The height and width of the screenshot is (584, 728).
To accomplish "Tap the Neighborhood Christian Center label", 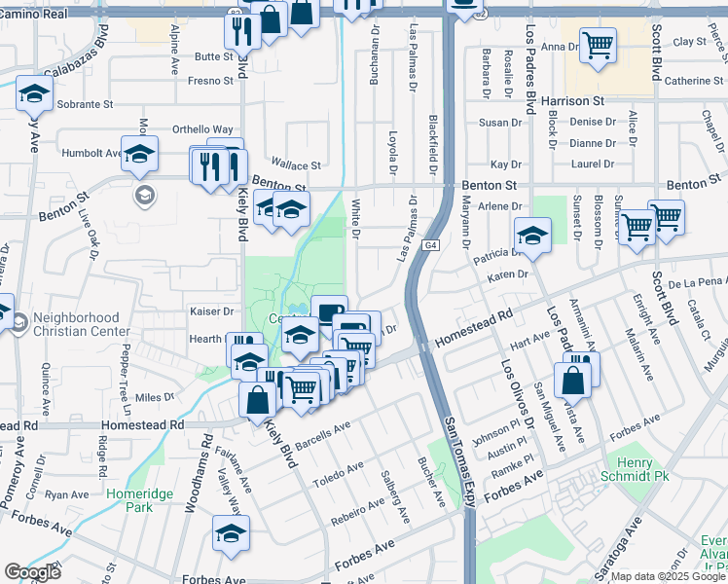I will tap(82, 324).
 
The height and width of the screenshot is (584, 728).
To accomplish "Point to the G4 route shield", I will tap(429, 245).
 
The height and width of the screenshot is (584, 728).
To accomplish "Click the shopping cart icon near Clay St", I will tap(598, 44).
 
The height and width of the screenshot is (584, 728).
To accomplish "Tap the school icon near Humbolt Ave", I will tap(139, 153).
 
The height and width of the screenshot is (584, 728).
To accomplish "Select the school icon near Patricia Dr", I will tap(532, 235).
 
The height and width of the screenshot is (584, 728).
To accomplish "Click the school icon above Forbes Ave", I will tap(231, 532).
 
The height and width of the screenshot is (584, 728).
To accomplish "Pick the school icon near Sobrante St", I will tap(34, 93).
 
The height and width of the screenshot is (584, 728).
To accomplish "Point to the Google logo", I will tap(32, 571).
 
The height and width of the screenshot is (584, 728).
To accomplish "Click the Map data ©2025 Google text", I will tap(667, 576).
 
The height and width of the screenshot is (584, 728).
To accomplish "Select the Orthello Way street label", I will tap(202, 129).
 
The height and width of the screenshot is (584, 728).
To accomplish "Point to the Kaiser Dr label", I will tap(214, 311).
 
